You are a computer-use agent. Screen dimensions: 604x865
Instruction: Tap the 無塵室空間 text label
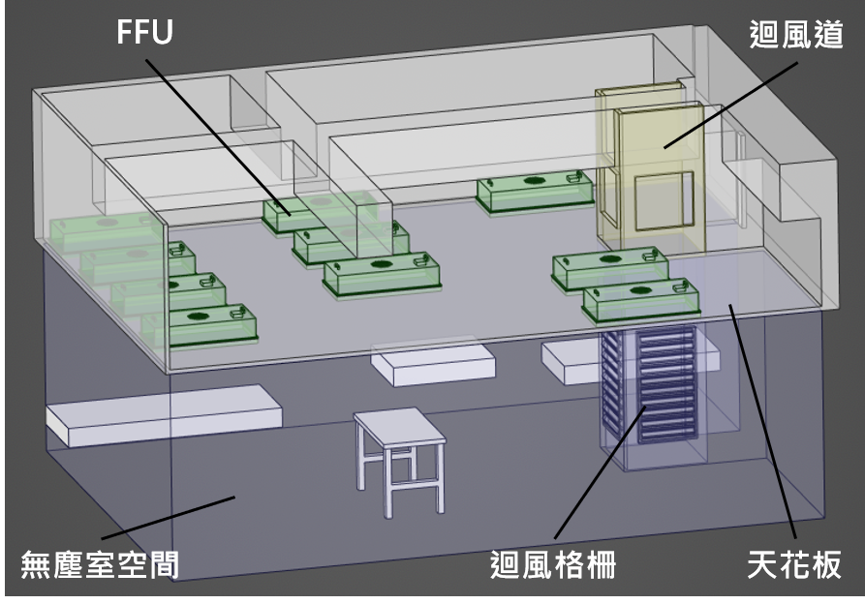[100, 562]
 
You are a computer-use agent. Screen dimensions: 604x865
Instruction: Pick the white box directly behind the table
[433, 364]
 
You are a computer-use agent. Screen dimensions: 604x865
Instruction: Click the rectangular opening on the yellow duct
[664, 200]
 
